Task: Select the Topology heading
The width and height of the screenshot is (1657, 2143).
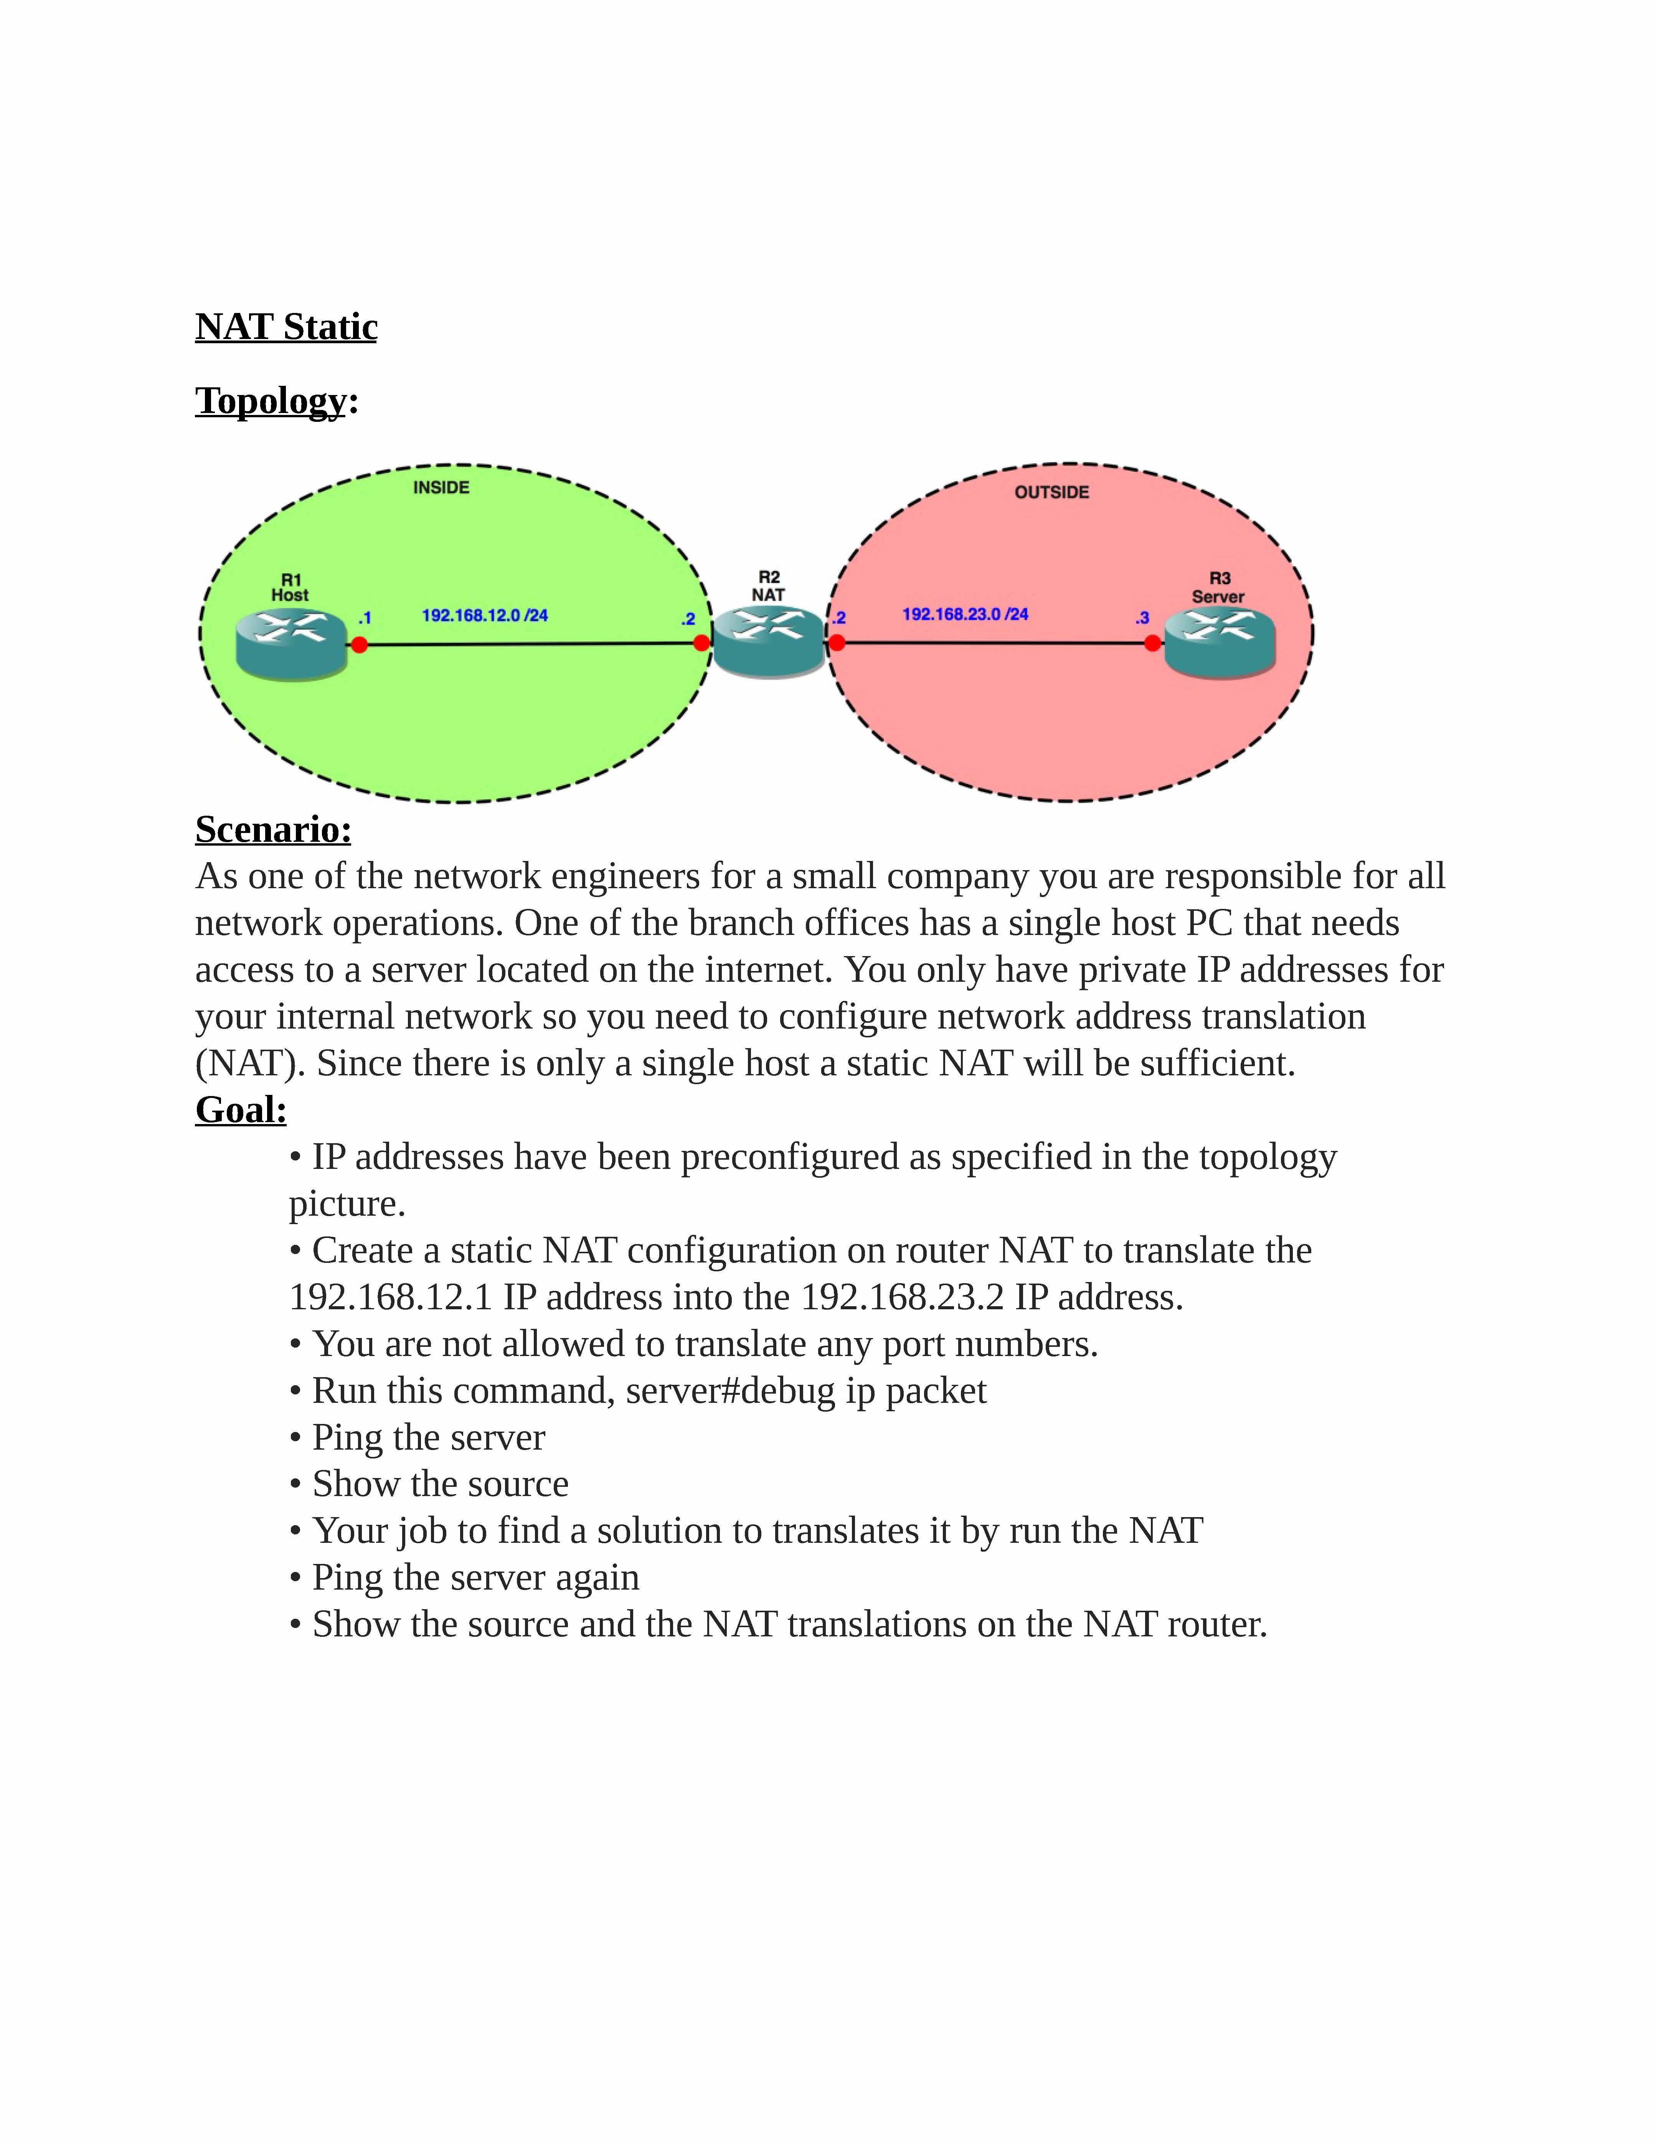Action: coord(271,401)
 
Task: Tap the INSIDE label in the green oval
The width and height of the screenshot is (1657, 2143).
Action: coord(441,488)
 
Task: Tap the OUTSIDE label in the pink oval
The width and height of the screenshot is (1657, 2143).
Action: coord(1051,492)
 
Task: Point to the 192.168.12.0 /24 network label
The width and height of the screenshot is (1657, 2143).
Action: coord(485,616)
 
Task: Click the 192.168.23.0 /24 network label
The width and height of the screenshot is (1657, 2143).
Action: coord(965,614)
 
